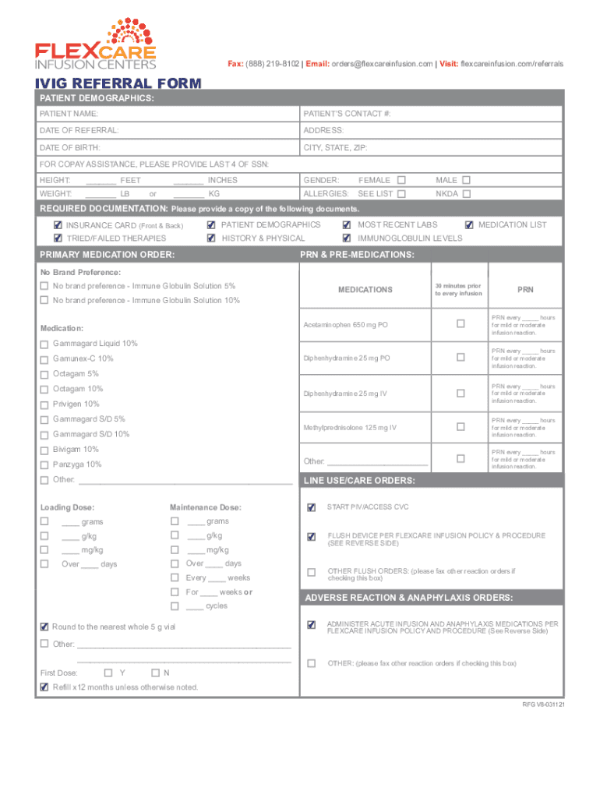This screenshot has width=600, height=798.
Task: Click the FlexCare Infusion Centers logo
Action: click(x=95, y=44)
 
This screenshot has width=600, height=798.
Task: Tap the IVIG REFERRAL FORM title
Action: click(x=116, y=83)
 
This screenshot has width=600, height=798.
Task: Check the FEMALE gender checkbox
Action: click(x=401, y=180)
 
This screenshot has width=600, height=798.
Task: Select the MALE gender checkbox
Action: click(x=466, y=180)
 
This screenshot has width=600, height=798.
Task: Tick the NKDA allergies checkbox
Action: click(x=466, y=193)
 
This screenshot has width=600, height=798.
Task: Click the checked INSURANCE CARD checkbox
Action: click(x=58, y=225)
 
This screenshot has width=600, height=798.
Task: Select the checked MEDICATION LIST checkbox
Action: click(x=469, y=225)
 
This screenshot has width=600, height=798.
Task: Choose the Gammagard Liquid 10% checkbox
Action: click(x=44, y=344)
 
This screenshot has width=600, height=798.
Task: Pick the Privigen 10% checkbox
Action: click(x=44, y=404)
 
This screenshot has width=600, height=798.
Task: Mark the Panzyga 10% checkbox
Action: click(x=44, y=464)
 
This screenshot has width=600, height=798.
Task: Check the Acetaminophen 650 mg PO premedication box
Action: click(x=460, y=323)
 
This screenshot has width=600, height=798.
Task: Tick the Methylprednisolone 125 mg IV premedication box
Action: click(x=460, y=427)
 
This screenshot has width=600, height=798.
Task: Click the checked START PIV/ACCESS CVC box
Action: click(x=312, y=508)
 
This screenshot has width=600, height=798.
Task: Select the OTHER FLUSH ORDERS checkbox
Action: click(x=312, y=573)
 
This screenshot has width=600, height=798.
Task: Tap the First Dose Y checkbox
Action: click(x=108, y=673)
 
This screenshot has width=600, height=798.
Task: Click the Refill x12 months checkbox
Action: click(x=44, y=687)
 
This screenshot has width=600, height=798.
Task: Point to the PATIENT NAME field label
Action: click(x=69, y=114)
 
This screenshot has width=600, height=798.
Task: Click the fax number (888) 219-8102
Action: click(x=272, y=63)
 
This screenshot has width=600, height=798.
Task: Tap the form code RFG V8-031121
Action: click(x=543, y=704)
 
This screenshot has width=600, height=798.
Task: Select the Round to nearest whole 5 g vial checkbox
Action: click(x=44, y=627)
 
